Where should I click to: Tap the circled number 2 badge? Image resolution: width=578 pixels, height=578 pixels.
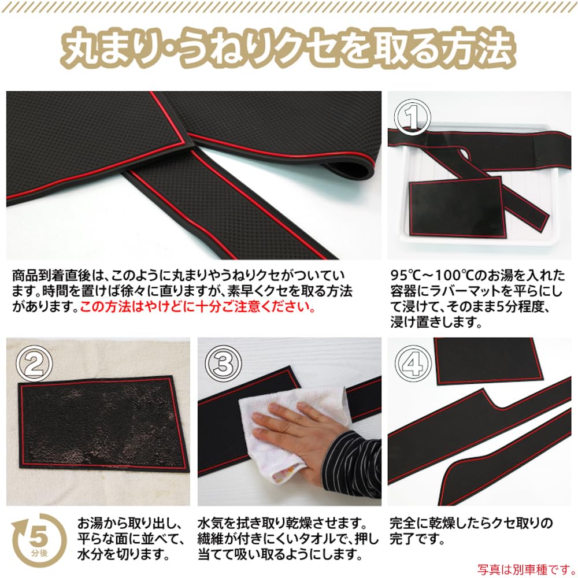point(34,363)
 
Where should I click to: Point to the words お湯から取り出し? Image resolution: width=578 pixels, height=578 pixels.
point(130,524)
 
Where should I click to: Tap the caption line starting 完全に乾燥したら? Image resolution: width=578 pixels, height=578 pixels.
point(471,524)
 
